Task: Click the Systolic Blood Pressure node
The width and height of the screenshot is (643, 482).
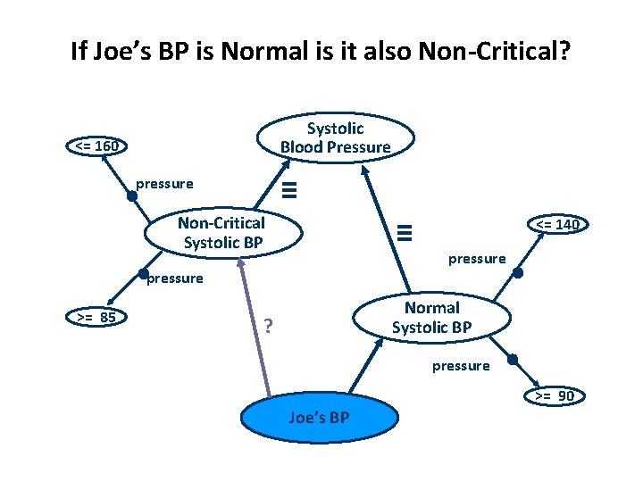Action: click(x=335, y=137)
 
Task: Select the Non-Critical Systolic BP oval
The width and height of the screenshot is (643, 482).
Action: click(x=222, y=232)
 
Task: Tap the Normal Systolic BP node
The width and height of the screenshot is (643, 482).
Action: click(x=432, y=318)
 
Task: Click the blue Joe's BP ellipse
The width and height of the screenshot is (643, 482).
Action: click(x=319, y=418)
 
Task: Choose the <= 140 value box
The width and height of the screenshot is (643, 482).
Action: click(x=557, y=224)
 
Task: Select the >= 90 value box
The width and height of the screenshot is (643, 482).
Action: click(x=554, y=395)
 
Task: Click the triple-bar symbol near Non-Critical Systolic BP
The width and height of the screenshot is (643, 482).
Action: click(x=288, y=189)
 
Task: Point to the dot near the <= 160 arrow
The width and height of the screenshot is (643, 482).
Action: click(x=132, y=196)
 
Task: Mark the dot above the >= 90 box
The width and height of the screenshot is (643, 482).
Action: click(x=513, y=360)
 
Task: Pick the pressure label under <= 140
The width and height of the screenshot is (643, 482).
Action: click(x=477, y=259)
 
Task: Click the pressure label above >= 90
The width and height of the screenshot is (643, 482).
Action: click(x=461, y=365)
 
